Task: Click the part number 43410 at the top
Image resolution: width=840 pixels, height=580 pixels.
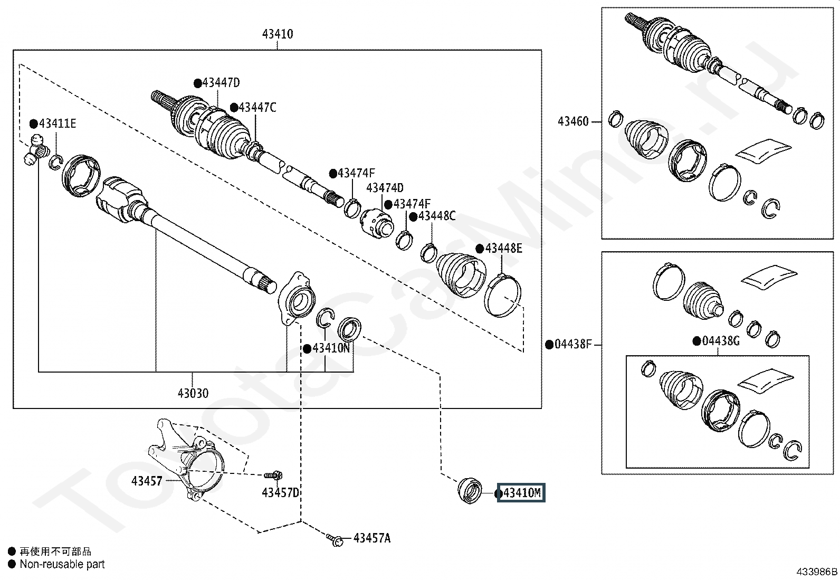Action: point(278,34)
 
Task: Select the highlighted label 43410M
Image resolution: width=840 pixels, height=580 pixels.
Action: point(521,492)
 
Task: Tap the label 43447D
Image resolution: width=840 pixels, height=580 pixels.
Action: point(221,82)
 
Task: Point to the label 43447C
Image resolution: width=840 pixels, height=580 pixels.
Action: point(257,108)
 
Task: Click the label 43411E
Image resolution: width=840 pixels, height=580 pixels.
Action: point(58,123)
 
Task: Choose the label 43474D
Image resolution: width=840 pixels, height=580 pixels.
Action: point(385,187)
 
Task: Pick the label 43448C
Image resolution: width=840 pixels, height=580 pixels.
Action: point(437,216)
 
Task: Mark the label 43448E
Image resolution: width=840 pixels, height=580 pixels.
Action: point(503,249)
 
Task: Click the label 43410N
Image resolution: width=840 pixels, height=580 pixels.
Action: point(331,348)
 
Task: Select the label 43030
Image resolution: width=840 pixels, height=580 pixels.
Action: point(193,393)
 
